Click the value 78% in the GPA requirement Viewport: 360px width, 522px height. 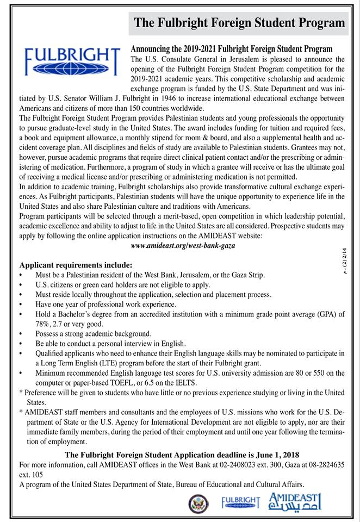[44, 324]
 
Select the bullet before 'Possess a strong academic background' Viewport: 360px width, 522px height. [21, 334]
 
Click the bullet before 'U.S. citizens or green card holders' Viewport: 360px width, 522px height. [21, 285]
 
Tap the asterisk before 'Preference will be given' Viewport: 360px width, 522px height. [21, 392]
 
